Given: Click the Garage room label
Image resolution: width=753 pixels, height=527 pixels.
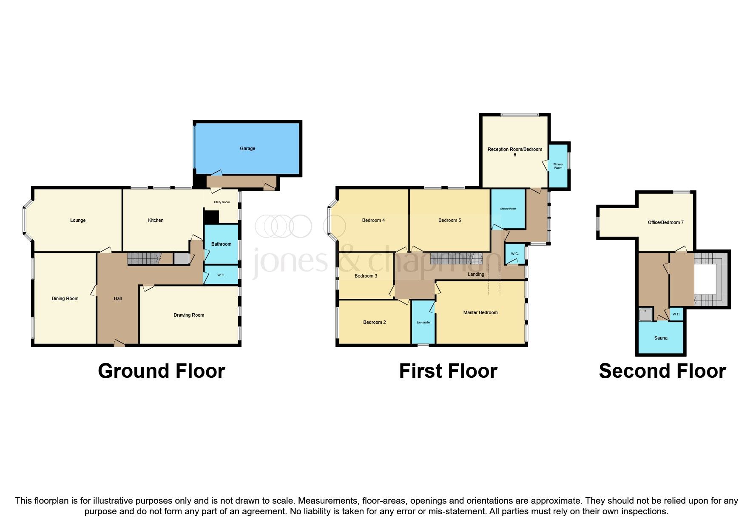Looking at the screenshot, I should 247,148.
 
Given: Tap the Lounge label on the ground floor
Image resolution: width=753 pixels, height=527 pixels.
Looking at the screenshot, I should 78,220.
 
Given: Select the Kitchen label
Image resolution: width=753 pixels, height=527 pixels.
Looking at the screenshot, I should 156,220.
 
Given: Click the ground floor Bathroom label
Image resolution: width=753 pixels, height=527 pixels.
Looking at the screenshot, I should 221,244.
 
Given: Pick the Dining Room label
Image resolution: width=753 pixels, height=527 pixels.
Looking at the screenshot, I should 65,298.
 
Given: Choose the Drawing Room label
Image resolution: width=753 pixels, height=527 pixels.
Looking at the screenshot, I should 189,315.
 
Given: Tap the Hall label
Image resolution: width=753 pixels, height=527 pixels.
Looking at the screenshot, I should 118,298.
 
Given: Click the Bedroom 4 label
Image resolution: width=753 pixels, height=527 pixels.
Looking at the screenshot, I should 373,220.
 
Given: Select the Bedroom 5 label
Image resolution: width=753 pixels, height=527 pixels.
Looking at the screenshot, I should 449,220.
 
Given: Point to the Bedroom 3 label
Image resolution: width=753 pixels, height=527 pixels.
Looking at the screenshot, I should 366,276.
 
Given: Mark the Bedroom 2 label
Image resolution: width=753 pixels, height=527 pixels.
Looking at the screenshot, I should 374,322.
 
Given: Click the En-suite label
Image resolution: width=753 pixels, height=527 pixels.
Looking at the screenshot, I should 423,322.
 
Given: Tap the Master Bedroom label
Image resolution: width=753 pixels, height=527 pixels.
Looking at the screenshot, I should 480,312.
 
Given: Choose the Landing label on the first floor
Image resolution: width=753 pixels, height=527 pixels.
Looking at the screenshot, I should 476,274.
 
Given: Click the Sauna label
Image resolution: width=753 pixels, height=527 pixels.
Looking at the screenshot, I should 661,338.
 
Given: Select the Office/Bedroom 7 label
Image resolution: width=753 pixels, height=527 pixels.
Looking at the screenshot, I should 665,222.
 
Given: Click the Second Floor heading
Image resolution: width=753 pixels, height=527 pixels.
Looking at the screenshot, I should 662,371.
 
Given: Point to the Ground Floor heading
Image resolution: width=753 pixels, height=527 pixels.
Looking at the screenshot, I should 161,371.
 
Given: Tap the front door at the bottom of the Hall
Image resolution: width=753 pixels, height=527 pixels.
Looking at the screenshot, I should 119,343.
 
